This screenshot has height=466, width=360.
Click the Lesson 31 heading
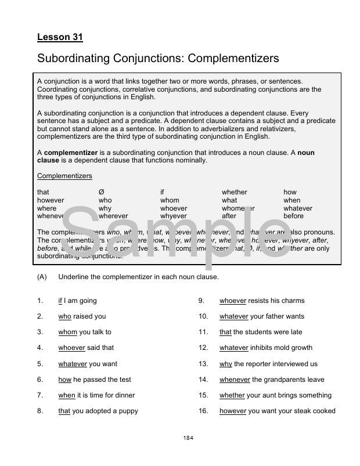point(60,37)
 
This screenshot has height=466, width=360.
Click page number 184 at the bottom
point(188,438)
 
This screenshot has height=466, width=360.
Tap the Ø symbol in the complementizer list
point(101,192)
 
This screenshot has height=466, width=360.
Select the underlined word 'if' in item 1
point(60,301)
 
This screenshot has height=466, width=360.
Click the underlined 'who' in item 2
point(64,316)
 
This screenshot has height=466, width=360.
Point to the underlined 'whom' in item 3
point(67,332)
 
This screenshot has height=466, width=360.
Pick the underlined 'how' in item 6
point(64,380)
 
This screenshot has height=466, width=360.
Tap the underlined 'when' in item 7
point(66,395)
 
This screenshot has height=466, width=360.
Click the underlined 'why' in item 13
point(226,364)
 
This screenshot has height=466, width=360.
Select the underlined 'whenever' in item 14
point(235,380)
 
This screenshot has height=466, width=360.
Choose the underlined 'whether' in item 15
point(232,395)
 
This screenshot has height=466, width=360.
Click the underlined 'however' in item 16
point(233,411)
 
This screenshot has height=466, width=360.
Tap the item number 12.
point(203,348)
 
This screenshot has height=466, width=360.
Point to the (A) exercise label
point(42,277)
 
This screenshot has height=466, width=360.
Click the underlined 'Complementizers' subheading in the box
point(64,176)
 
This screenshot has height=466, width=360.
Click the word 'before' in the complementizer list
point(293,216)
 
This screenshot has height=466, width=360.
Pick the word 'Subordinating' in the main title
point(73,58)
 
